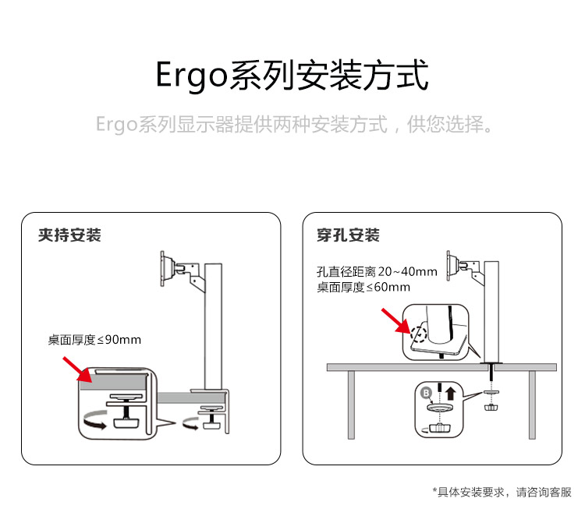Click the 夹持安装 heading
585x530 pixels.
tap(69, 235)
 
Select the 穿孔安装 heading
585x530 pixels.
tap(348, 235)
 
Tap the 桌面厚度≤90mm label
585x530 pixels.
tap(94, 340)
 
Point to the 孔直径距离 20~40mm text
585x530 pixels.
tap(377, 272)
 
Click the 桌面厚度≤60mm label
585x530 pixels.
tap(363, 287)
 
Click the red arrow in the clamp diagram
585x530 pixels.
tap(76, 369)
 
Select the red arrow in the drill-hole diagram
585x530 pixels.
tap(393, 320)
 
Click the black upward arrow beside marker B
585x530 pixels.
tap(450, 392)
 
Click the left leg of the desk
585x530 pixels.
tap(352, 405)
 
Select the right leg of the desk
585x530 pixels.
tap(532, 405)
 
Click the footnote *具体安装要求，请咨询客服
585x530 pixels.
tap(502, 492)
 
